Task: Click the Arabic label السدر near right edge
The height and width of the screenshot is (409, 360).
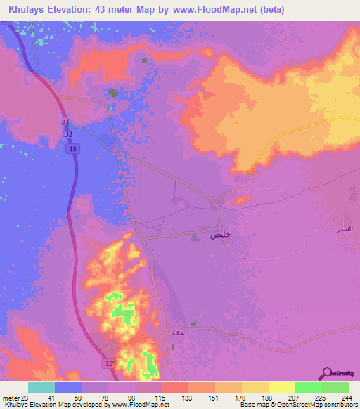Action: (347, 230)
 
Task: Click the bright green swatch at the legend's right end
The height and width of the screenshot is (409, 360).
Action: (335, 387)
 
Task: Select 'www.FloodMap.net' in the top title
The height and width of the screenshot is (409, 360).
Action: (214, 9)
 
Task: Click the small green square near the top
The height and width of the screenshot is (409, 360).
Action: (146, 60)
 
